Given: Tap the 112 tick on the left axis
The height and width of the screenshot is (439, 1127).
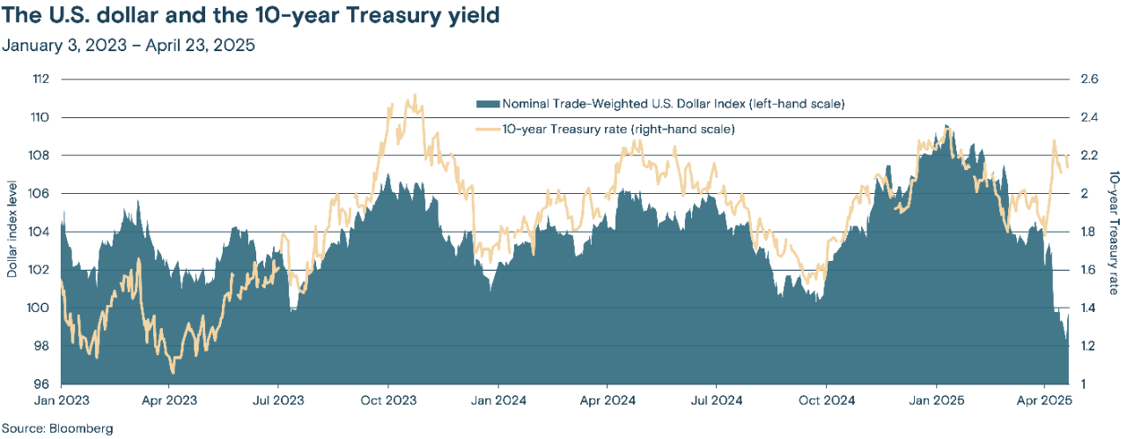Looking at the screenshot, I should point(41,79).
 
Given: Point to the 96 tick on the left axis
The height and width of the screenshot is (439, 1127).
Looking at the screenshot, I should point(41,384).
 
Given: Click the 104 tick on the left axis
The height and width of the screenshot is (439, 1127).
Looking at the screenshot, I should point(41,232).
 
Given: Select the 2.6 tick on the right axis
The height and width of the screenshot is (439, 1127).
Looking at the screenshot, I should point(1089,79).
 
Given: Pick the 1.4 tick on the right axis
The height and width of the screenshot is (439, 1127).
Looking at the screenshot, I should point(1089,309).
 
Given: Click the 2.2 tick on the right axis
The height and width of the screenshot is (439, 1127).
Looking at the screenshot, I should point(1089,156).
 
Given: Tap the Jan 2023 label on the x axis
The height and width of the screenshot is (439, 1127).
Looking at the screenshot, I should point(61,399).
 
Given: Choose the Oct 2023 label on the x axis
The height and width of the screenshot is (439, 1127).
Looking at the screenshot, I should point(388,399).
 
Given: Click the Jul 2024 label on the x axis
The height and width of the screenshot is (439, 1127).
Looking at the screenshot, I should point(716,399).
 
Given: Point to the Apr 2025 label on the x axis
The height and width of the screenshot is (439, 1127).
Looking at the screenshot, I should point(1043,399).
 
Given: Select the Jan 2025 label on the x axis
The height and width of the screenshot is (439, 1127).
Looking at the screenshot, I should point(935,399).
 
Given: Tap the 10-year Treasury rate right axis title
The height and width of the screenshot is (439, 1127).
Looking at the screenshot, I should point(1115,232).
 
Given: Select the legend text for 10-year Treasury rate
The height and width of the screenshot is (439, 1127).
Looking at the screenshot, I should point(618,129).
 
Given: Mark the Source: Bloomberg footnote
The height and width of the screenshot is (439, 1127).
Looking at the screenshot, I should point(57,428).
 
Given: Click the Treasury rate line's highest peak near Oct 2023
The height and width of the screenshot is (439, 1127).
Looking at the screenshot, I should point(415,96).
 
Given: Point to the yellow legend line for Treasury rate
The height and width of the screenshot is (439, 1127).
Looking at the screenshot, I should point(487,129).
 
